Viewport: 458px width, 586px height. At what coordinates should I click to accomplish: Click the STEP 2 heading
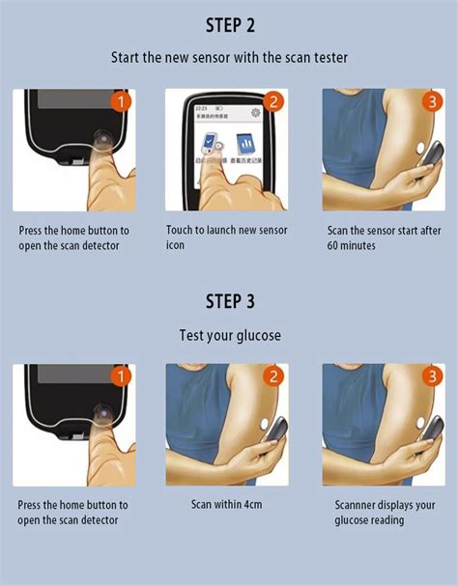(x=229, y=24)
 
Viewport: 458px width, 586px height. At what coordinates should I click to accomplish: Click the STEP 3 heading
(x=229, y=301)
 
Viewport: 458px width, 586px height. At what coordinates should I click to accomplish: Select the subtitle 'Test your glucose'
(x=229, y=335)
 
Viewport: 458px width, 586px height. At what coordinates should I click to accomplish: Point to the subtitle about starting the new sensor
(x=229, y=58)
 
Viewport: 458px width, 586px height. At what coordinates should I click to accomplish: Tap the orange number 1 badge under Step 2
(x=121, y=101)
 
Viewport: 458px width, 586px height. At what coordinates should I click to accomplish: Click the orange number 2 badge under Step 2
(x=273, y=101)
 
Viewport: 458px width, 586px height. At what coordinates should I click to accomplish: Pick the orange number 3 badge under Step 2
(x=431, y=101)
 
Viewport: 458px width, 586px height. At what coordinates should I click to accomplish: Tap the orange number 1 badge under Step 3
(x=121, y=377)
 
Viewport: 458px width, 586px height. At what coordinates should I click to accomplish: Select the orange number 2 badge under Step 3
(x=273, y=377)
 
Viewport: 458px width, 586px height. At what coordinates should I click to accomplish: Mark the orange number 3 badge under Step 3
(x=431, y=377)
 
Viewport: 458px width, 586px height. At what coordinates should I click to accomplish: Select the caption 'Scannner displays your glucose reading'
(x=385, y=513)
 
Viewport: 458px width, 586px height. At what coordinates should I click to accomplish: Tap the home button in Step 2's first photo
(x=100, y=142)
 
